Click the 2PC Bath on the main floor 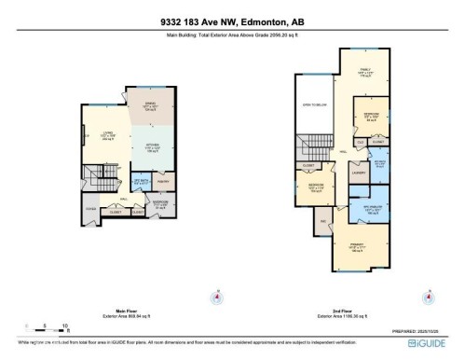141,182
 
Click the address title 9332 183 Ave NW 232,22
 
